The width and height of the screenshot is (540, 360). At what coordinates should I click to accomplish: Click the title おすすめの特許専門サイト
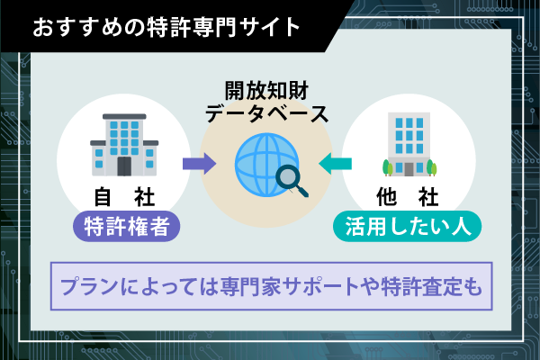(166, 25)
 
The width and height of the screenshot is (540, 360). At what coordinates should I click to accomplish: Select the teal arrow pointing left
(339, 164)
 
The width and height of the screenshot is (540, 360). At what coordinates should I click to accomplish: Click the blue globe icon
(261, 163)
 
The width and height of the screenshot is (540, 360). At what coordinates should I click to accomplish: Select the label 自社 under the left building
(125, 196)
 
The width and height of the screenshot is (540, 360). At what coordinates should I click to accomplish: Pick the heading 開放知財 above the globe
(265, 91)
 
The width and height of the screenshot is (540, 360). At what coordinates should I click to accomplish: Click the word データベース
(265, 114)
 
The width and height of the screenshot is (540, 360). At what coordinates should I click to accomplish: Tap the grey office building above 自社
(123, 144)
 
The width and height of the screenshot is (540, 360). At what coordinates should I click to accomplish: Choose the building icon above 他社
(409, 144)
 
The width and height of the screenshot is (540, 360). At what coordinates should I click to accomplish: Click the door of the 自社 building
(124, 166)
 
